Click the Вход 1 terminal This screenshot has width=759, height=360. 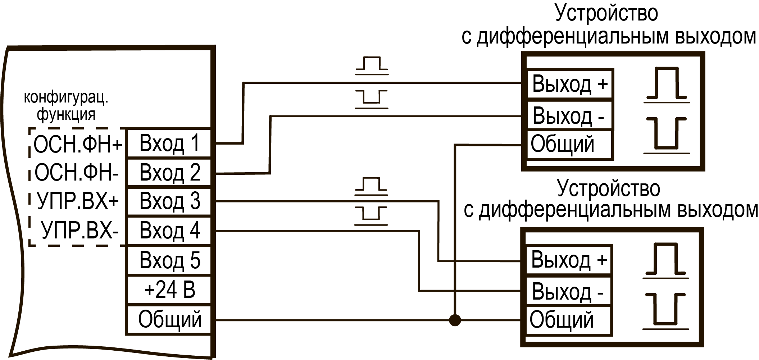[x=169, y=143]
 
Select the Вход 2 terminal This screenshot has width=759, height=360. [x=169, y=172]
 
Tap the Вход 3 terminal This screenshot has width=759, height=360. [x=169, y=201]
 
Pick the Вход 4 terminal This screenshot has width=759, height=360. [x=169, y=231]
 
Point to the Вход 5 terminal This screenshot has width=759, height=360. [x=169, y=260]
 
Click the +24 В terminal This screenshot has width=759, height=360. [x=169, y=290]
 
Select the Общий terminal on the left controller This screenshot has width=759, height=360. [x=169, y=320]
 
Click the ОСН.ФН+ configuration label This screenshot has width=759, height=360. [x=78, y=145]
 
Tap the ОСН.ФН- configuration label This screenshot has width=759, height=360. [x=77, y=173]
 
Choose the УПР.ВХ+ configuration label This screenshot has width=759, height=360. [x=78, y=201]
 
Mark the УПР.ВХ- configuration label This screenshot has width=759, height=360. [x=80, y=231]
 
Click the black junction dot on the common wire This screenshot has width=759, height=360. [x=455, y=320]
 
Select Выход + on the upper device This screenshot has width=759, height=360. [x=570, y=84]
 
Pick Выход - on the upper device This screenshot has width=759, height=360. [x=570, y=115]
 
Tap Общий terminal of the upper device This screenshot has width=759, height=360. [x=570, y=145]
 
